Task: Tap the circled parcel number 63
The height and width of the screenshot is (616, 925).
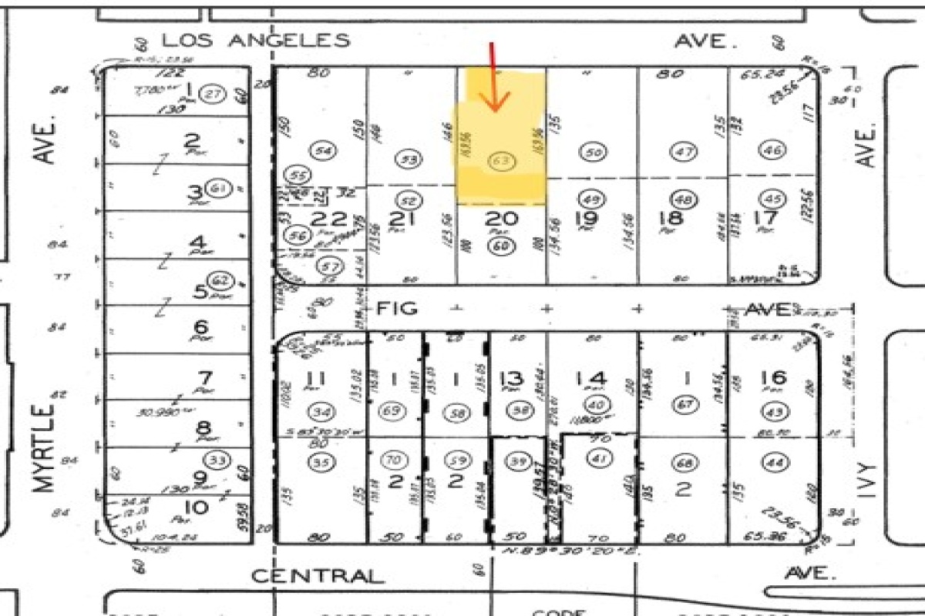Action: click(x=501, y=160)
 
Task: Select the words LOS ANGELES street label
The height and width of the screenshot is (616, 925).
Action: click(x=255, y=41)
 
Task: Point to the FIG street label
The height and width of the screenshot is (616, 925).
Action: click(x=397, y=309)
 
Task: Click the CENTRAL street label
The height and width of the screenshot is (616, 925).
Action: click(x=318, y=576)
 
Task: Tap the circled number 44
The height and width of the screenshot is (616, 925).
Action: click(x=773, y=462)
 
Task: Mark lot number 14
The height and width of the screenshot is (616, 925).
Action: click(x=590, y=378)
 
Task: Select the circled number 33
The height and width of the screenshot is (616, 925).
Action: click(x=218, y=460)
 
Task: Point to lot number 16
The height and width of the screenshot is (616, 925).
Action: click(x=773, y=377)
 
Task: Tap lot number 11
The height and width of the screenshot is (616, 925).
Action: click(x=315, y=378)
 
